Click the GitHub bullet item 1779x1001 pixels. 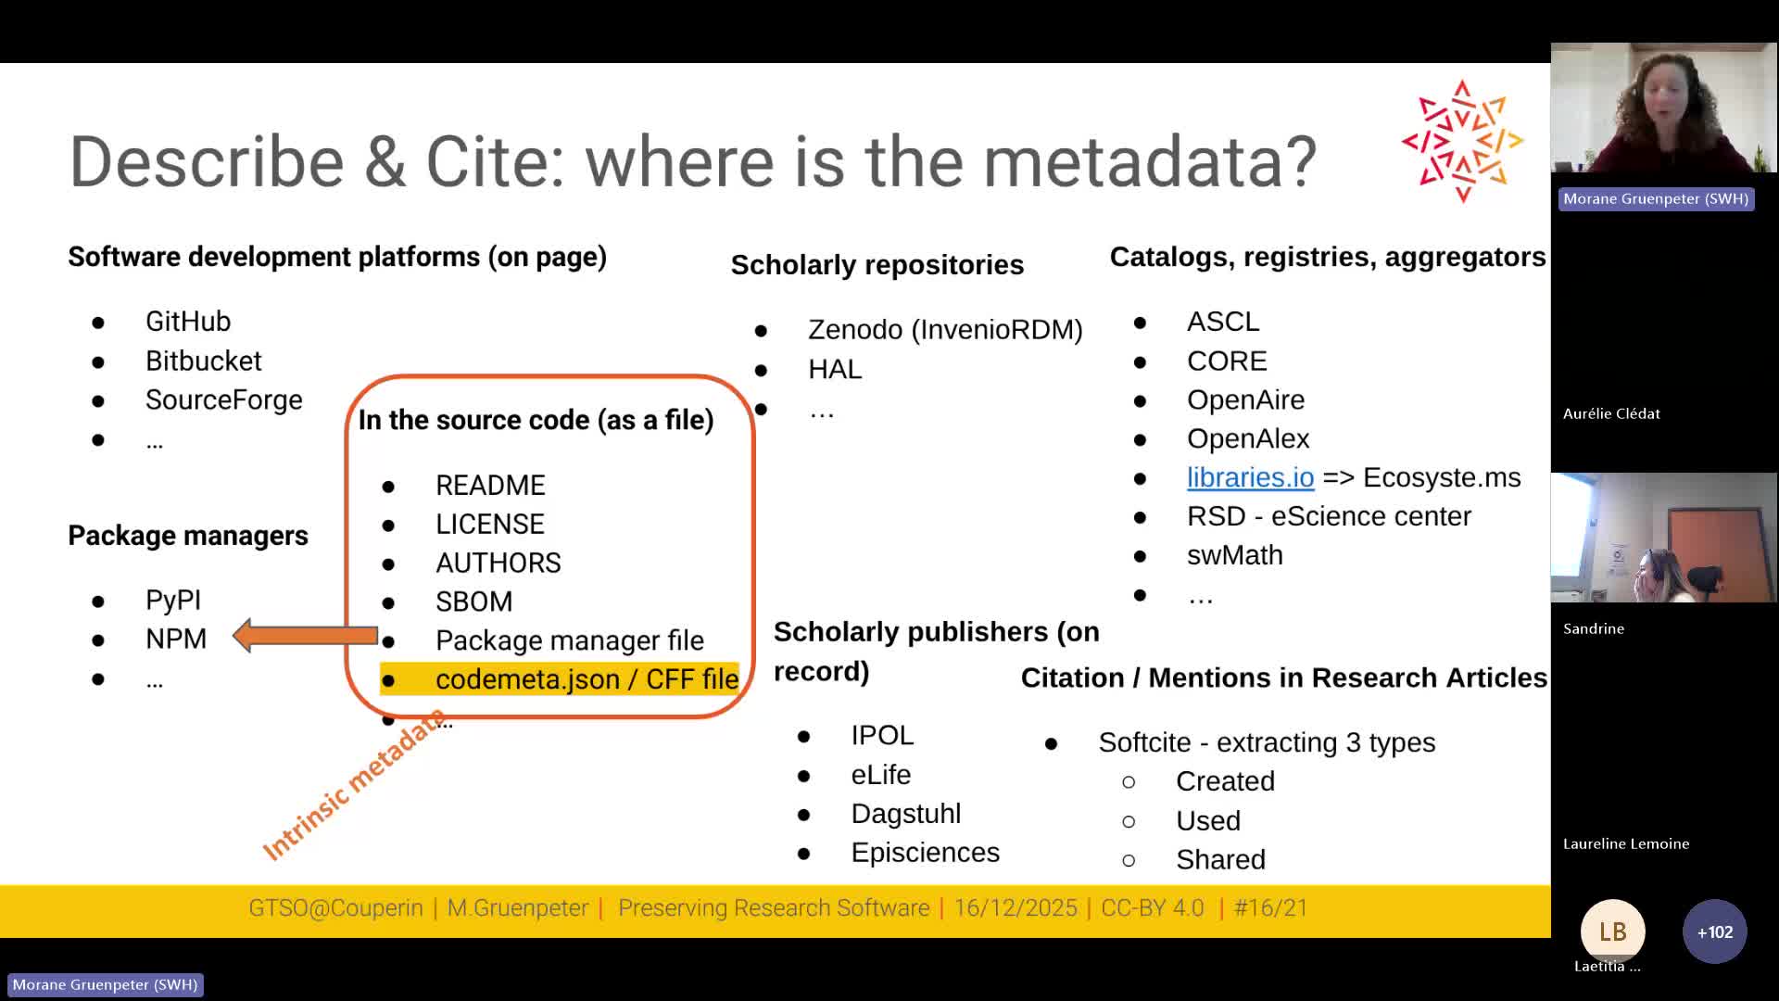click(x=187, y=322)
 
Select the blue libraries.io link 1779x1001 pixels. click(x=1250, y=477)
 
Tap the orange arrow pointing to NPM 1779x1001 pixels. click(x=305, y=636)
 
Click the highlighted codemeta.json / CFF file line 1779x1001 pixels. click(x=586, y=679)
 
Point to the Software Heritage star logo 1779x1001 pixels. click(x=1462, y=141)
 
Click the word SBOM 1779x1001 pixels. click(x=473, y=602)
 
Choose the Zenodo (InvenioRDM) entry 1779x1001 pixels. click(x=944, y=330)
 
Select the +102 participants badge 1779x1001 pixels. click(x=1714, y=931)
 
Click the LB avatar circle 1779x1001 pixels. click(x=1612, y=931)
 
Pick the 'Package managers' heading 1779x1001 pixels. click(x=188, y=536)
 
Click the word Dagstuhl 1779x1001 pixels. click(x=905, y=814)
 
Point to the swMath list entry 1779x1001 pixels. click(x=1234, y=555)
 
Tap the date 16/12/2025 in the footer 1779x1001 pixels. click(x=1016, y=908)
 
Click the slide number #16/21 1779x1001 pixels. click(x=1270, y=908)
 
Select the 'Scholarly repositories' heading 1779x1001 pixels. click(x=877, y=265)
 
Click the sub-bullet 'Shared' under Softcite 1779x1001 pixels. click(x=1219, y=860)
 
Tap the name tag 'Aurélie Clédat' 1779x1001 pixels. click(x=1611, y=414)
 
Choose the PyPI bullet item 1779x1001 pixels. click(x=172, y=601)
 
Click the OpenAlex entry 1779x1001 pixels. click(x=1247, y=438)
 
